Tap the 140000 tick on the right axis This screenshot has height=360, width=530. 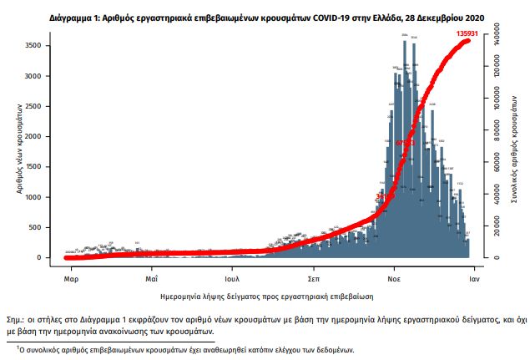(x=496, y=38)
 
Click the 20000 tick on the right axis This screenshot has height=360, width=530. (x=496, y=226)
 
